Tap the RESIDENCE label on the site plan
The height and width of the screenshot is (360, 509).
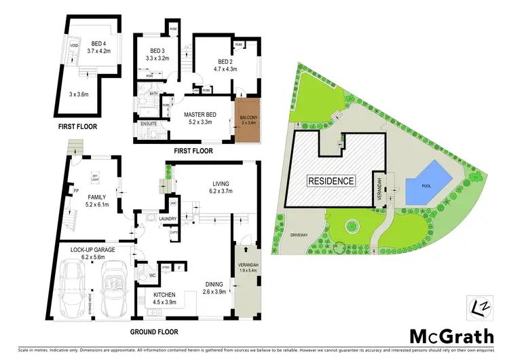pos(331,181)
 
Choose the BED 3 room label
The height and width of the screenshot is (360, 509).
pos(158,51)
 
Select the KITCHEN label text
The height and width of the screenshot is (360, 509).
pos(161,293)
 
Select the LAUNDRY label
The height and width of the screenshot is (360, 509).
pos(168,219)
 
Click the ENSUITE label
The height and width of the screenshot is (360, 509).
pos(149,124)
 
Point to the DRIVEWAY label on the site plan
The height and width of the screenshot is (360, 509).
pos(298,235)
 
